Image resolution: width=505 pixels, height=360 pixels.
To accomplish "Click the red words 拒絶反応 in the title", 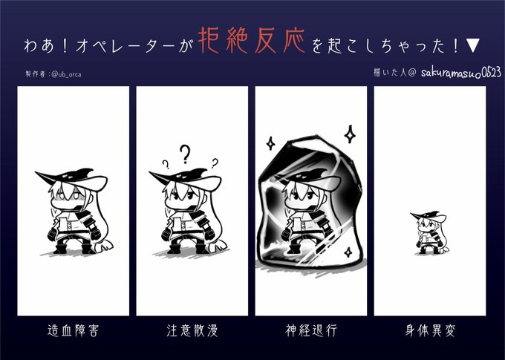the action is [x=251, y=40].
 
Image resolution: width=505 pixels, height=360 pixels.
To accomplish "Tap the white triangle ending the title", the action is [x=473, y=45].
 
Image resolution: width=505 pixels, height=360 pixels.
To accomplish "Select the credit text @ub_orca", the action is [x=66, y=74].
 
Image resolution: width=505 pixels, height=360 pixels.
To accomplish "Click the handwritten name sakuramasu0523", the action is [x=461, y=73].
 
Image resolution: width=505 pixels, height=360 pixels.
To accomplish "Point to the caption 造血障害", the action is [x=73, y=330].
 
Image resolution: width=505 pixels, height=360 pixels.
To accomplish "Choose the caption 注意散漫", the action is [x=192, y=330].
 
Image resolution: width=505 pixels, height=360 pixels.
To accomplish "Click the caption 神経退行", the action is [x=311, y=330].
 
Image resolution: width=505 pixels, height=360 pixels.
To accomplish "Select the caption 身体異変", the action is [x=430, y=330].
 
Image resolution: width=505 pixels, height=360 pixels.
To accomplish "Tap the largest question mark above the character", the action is [x=185, y=154].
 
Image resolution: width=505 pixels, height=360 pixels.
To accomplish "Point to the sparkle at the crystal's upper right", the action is [x=350, y=134].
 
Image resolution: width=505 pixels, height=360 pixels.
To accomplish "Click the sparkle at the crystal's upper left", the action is [x=270, y=143].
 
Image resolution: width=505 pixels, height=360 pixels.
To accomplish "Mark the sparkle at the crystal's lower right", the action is [x=348, y=252].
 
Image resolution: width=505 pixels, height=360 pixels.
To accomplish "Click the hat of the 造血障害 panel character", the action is [x=71, y=179].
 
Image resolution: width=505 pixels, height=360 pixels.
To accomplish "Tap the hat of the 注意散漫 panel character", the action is [x=185, y=179].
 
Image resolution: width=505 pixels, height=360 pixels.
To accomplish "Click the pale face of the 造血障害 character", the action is [x=68, y=198].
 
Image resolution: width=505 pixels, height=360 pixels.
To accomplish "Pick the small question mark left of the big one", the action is [x=166, y=165].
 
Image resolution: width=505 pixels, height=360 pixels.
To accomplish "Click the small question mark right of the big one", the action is [x=215, y=163].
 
